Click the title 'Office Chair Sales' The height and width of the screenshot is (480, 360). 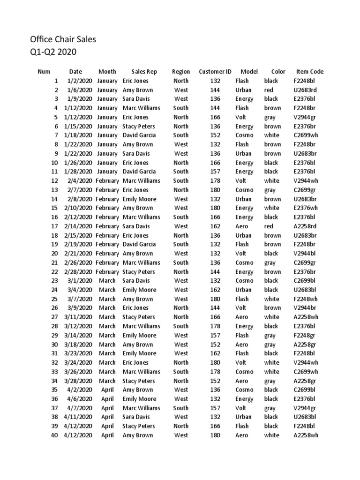[x=63, y=39]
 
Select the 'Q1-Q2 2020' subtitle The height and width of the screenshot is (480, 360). [x=53, y=52]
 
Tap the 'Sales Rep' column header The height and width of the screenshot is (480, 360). [x=144, y=72]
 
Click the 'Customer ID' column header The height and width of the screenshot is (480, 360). [x=215, y=72]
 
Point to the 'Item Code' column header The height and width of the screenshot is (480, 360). [x=310, y=72]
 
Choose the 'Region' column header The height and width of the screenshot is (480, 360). [x=181, y=72]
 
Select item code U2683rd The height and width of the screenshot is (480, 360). [x=305, y=90]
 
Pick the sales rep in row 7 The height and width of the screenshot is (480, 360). [x=139, y=135]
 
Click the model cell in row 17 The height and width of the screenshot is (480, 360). [x=242, y=226]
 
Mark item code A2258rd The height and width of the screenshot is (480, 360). [x=305, y=226]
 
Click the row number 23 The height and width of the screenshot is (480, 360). [x=54, y=280]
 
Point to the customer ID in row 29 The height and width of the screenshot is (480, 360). [x=215, y=335]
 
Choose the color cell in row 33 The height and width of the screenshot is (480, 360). [x=271, y=371]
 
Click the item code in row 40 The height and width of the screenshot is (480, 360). [x=306, y=435]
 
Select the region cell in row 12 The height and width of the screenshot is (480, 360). [x=181, y=180]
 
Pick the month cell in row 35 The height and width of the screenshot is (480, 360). [x=107, y=390]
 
